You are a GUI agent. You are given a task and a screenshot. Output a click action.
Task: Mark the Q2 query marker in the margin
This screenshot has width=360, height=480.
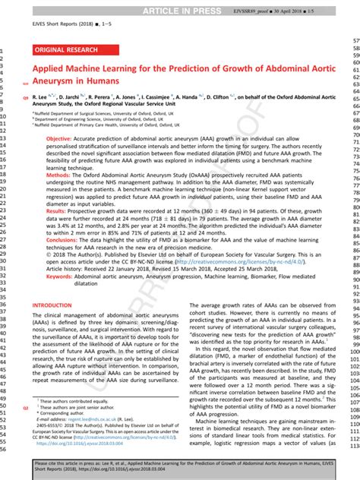tap(26, 408)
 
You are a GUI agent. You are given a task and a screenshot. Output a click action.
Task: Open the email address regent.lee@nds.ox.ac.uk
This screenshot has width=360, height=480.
tap(84, 418)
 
